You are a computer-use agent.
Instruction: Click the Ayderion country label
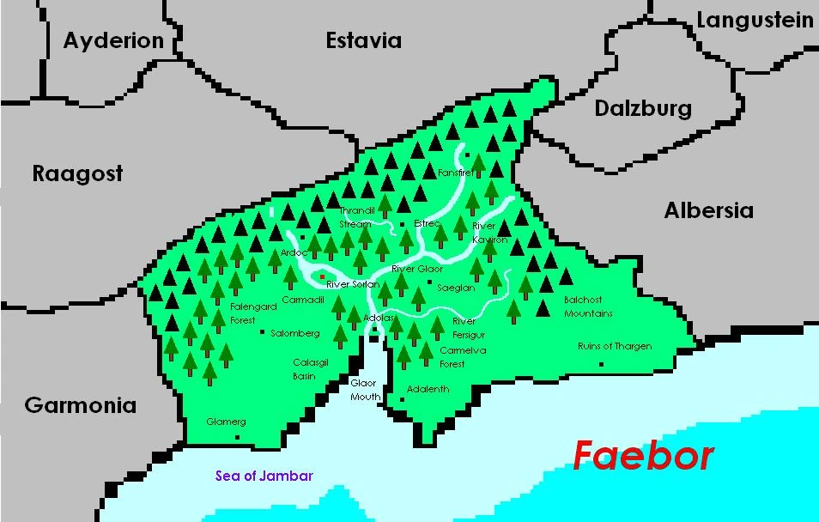112,40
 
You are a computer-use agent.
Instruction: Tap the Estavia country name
363,40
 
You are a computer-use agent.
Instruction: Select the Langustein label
755,20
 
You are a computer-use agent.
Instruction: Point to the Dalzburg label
643,109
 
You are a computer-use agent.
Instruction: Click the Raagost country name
77,173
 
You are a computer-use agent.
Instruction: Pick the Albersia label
708,210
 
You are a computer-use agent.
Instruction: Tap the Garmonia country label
80,405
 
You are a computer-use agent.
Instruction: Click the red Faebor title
642,456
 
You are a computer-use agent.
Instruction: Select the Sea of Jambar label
264,476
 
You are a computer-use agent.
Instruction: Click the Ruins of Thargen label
615,347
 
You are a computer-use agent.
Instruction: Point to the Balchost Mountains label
588,307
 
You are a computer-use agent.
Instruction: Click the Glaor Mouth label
364,390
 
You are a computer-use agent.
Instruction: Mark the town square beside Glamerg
237,437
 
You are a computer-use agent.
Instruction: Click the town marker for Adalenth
402,398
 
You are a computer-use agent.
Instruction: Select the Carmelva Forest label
463,357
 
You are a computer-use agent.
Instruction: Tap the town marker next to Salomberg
262,333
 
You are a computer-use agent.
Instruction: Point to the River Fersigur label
469,328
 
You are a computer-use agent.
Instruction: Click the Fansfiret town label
455,173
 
